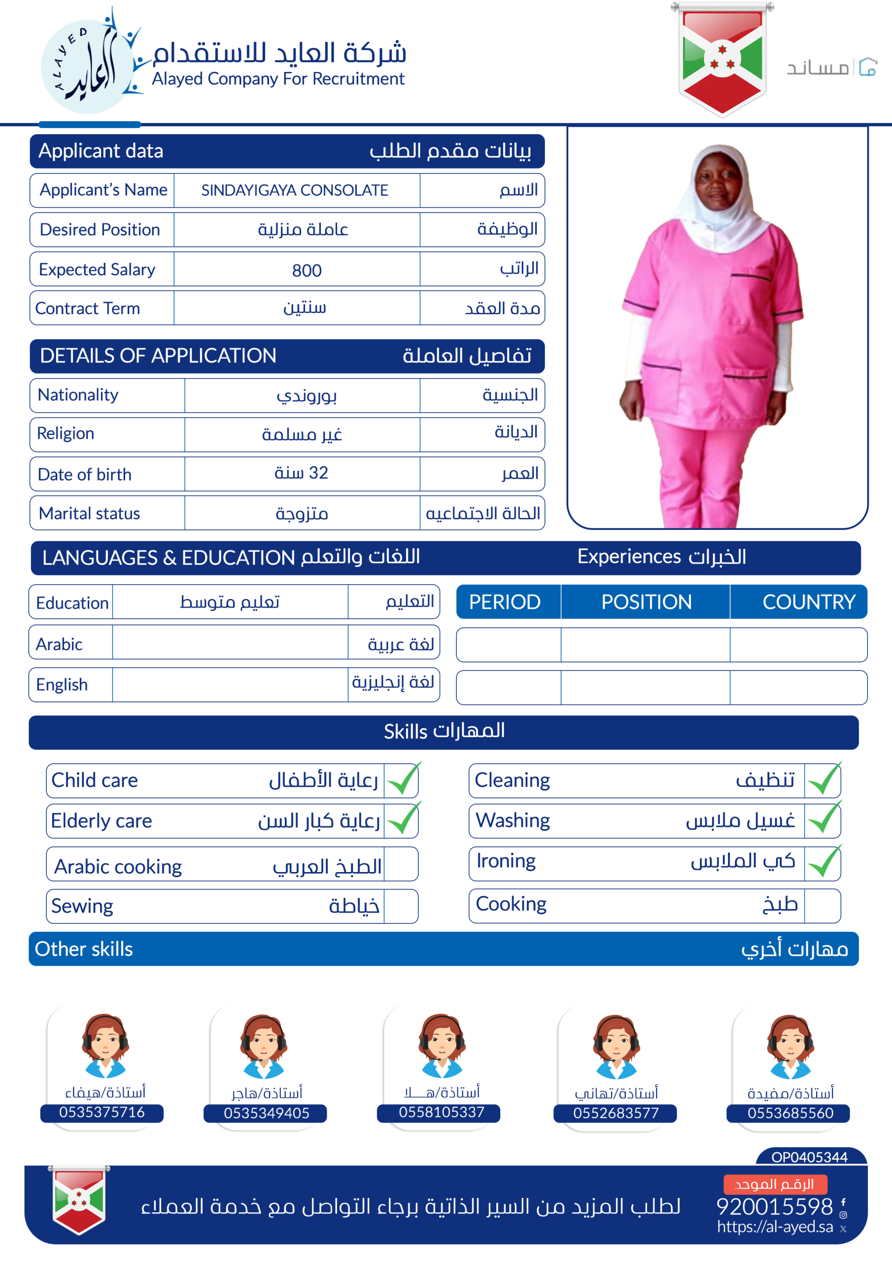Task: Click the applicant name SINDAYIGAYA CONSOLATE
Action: [294, 190]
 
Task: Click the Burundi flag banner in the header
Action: [721, 59]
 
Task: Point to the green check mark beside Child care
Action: [403, 779]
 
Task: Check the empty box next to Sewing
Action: [401, 906]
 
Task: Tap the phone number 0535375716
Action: [102, 1113]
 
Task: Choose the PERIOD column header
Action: [505, 602]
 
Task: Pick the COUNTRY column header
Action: [808, 602]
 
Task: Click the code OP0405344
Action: [809, 1157]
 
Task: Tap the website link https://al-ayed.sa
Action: [774, 1227]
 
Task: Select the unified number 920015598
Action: [774, 1206]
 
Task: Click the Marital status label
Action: [90, 513]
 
